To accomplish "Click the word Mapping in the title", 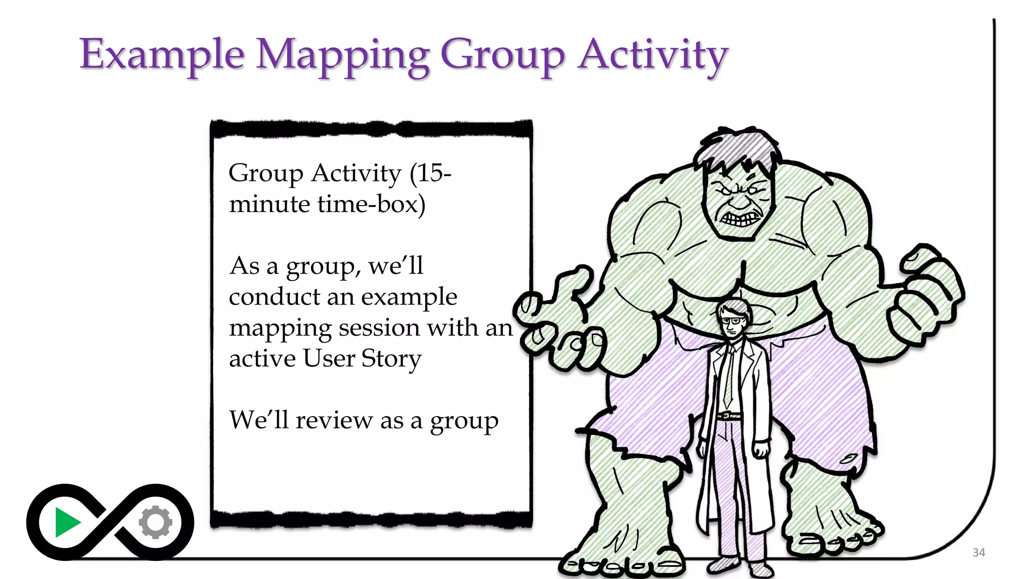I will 343,55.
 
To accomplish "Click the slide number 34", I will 978,553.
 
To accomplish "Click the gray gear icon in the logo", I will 156,523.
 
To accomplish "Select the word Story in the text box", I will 391,359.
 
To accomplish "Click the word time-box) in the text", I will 371,204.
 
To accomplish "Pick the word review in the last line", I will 334,420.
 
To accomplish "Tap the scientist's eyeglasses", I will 731,320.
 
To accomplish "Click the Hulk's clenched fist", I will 924,297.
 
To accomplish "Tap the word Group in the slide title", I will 502,55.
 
